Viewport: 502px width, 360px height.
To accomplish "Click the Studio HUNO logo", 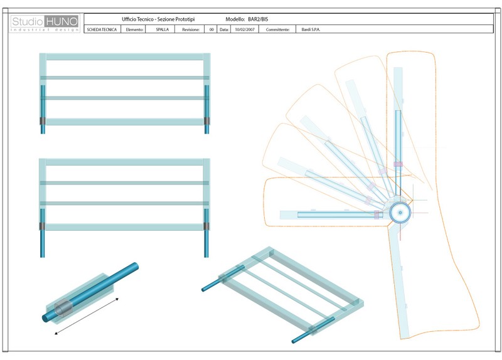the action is pos(45,23).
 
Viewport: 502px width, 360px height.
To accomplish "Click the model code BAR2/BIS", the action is pos(258,19).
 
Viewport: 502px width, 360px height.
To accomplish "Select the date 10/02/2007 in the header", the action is pos(245,29).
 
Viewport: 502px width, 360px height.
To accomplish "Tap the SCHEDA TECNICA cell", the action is pos(102,29).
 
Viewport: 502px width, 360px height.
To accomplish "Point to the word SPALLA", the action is pos(163,29).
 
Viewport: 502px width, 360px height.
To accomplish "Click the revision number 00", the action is pos(211,29).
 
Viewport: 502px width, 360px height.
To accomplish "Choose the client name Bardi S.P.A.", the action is pos(311,29).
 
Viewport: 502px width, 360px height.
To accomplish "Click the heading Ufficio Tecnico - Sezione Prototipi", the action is pos(158,19).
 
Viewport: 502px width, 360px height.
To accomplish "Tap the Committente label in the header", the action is pos(277,29).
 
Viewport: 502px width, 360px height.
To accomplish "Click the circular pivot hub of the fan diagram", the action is pos(400,213).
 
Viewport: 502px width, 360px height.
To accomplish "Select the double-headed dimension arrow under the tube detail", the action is pos(87,316).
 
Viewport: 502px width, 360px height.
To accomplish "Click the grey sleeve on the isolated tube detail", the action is pos(62,308).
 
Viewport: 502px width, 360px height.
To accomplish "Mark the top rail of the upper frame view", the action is pos(125,57).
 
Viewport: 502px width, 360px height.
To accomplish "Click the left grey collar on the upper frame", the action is pos(43,121).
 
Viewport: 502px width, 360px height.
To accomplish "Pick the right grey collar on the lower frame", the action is pos(206,226).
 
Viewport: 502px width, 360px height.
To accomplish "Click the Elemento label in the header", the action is pos(134,29).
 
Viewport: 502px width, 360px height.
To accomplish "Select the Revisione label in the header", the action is pos(191,29).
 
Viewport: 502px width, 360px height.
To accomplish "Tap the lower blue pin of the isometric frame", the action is pos(313,330).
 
